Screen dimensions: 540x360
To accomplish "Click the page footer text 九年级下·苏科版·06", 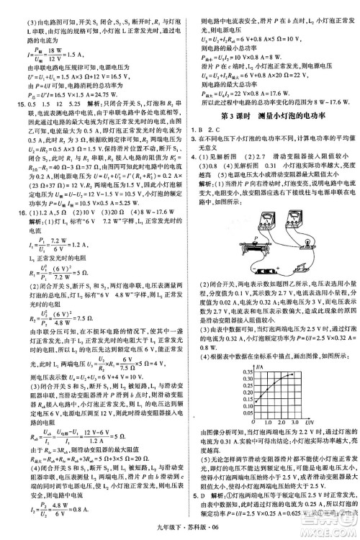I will (x=182, y=531).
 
